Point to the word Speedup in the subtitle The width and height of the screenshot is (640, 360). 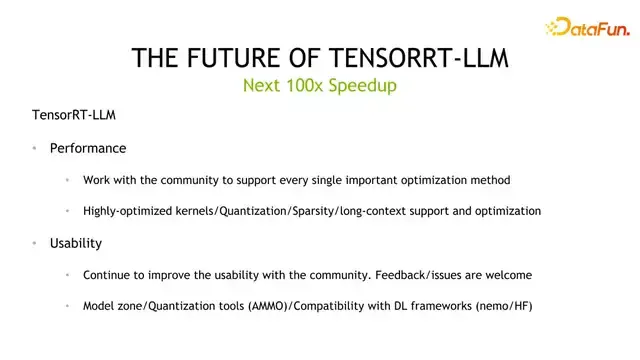pyautogui.click(x=364, y=86)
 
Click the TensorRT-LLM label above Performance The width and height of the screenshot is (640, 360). pyautogui.click(x=74, y=115)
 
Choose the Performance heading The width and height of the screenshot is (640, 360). pyautogui.click(x=88, y=148)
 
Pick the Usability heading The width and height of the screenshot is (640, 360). pyautogui.click(x=76, y=243)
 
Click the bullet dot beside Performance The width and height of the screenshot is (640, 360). pyautogui.click(x=34, y=148)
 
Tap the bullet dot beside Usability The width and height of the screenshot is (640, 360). pyautogui.click(x=34, y=243)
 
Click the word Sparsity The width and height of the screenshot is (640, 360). pyautogui.click(x=310, y=211)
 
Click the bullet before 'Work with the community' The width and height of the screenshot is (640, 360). pyautogui.click(x=67, y=180)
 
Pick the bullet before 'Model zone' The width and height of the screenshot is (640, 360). pyautogui.click(x=67, y=305)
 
